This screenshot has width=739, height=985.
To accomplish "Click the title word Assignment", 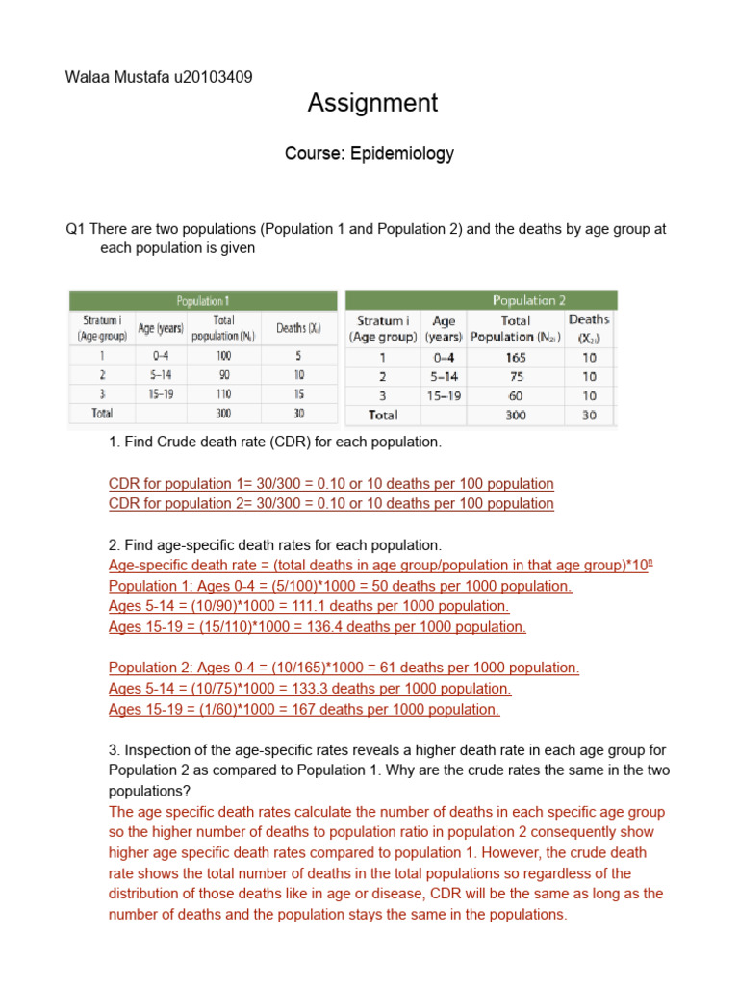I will pyautogui.click(x=372, y=103).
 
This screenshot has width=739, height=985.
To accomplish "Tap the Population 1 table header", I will pyautogui.click(x=202, y=300).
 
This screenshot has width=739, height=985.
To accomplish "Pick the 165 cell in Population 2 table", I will pyautogui.click(x=516, y=357).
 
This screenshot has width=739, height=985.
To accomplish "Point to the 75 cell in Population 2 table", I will pyautogui.click(x=516, y=376).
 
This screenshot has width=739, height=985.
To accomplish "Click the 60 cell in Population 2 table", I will pyautogui.click(x=516, y=395).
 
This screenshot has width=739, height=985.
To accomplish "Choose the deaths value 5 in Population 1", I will pyautogui.click(x=298, y=355).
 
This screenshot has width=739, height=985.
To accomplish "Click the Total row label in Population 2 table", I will pyautogui.click(x=384, y=416).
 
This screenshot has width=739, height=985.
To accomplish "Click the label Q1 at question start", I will pyautogui.click(x=76, y=229).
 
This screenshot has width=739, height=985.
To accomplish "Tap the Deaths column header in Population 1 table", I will pyautogui.click(x=298, y=328).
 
